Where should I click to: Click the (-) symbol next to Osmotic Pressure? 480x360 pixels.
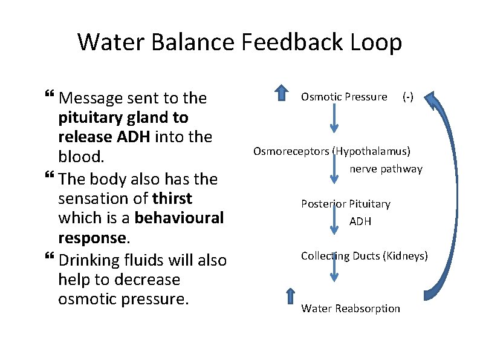click(408, 97)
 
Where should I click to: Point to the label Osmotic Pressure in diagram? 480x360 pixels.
click(344, 97)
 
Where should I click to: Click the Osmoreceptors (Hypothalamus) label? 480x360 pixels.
click(332, 151)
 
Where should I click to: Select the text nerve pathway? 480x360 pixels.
click(386, 169)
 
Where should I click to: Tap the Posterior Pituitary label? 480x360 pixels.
click(346, 204)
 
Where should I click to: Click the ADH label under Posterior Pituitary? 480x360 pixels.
click(360, 221)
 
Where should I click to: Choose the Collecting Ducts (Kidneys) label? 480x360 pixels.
click(364, 256)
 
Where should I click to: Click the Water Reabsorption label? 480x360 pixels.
click(351, 309)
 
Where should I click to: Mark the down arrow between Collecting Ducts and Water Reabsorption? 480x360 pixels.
click(334, 272)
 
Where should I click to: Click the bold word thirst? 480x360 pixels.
click(172, 198)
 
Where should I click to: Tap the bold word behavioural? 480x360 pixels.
click(179, 217)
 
